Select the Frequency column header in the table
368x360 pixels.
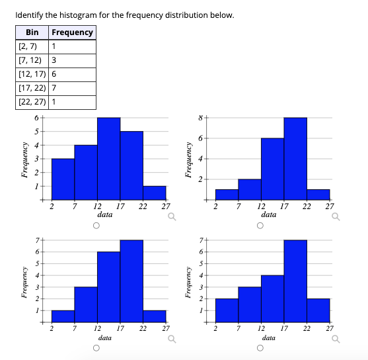coord(72,32)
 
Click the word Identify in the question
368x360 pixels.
coord(30,15)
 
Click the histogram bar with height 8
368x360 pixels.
coord(295,159)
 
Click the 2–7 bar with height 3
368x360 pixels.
coord(63,179)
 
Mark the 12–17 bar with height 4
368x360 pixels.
coord(272,298)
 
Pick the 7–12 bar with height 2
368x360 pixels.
coord(250,189)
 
